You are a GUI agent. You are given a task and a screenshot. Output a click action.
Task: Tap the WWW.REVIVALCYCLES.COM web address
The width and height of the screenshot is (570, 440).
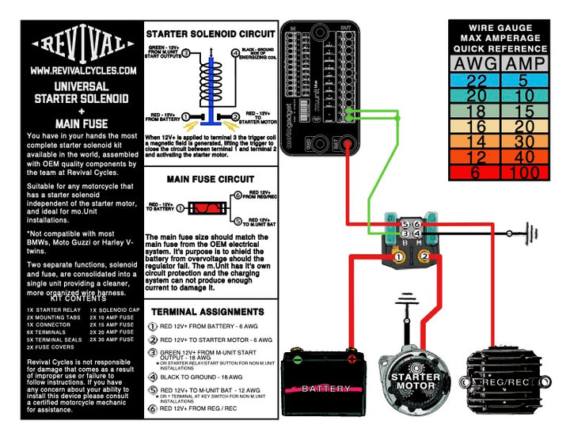coord(83,70)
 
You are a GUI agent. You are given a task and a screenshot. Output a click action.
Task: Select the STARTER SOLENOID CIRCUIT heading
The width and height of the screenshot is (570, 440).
coord(211,34)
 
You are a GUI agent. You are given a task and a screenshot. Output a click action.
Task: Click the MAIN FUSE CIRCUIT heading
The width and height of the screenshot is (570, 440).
coord(211,180)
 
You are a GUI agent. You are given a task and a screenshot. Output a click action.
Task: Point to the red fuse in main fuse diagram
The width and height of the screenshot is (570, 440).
coord(207,210)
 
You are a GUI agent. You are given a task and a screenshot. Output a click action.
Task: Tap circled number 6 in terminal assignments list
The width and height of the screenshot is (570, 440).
coord(153,409)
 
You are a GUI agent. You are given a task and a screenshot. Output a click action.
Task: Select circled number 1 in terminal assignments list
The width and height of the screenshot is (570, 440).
coord(153,325)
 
